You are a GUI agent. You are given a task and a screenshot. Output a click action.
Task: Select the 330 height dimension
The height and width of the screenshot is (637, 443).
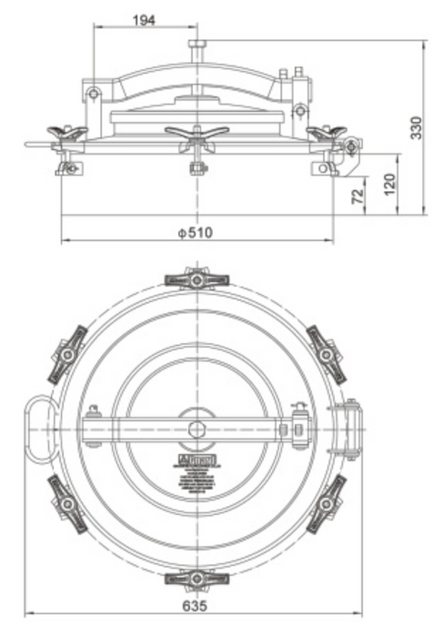416,128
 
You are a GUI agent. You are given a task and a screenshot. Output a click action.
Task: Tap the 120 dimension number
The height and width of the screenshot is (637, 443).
390,182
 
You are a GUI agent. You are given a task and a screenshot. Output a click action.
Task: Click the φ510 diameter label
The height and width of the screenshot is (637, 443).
195,233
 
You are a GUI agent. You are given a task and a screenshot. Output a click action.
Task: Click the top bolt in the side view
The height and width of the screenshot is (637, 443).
197,45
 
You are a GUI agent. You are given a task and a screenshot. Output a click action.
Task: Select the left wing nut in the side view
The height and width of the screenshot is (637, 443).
68,134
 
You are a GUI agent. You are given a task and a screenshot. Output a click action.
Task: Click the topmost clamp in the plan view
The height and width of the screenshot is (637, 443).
196,278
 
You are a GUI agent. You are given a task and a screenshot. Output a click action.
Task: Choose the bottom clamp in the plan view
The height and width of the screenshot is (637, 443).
196,578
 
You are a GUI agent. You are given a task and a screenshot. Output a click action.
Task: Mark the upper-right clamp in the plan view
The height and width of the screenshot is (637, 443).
327,352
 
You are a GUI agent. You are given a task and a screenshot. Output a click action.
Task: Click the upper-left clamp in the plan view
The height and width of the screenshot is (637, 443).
67,353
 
